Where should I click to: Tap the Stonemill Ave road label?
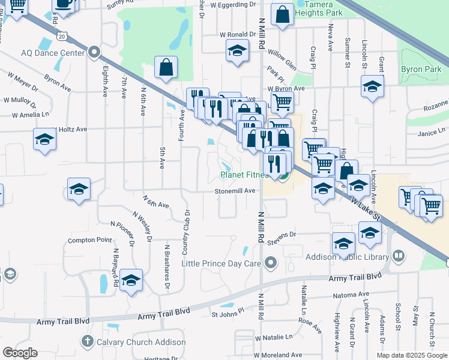point(236,191)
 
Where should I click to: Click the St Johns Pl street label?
point(228,313)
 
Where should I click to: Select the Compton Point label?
point(90,240)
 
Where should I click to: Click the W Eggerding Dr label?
point(231,4)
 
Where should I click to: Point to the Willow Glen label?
point(282,64)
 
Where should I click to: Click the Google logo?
point(20,352)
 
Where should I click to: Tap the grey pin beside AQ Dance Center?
point(94,53)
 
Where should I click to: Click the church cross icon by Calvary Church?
point(87,342)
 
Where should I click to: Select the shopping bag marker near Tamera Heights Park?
point(282,14)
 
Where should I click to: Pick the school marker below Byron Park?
point(372,86)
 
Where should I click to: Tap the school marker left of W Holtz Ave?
point(44,140)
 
